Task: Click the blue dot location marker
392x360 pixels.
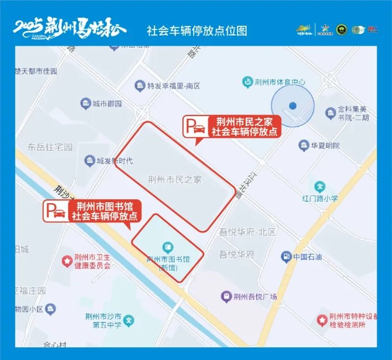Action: [x=293, y=105]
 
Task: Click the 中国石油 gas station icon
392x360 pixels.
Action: [x=285, y=256]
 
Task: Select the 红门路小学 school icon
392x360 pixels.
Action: [x=320, y=187]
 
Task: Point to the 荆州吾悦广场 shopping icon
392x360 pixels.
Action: [x=226, y=296]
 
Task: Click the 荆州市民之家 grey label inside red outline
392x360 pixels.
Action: [x=174, y=180]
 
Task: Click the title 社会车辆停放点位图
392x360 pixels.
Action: [x=197, y=30]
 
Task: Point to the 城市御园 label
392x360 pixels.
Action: [x=107, y=104]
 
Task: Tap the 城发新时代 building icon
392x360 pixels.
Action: [x=89, y=161]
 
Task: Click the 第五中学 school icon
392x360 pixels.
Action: [x=128, y=321]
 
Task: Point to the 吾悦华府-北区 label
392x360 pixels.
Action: [x=241, y=232]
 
